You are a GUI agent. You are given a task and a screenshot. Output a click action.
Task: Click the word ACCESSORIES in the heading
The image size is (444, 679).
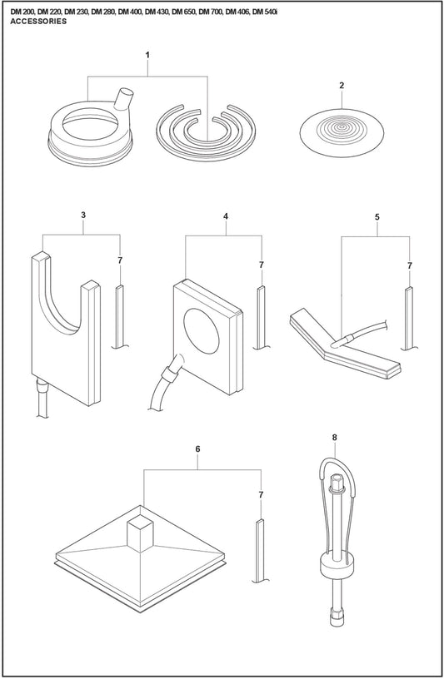[38, 22]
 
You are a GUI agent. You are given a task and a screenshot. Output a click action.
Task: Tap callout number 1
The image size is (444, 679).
[147, 55]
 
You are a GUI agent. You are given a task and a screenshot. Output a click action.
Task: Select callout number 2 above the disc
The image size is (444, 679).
[342, 86]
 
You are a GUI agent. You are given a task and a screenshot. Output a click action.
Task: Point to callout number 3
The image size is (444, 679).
[83, 215]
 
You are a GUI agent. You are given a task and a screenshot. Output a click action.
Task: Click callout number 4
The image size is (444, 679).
[226, 216]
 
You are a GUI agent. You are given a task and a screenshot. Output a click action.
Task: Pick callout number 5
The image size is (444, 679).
[377, 217]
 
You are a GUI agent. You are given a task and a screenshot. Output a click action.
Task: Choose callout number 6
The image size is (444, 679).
[197, 449]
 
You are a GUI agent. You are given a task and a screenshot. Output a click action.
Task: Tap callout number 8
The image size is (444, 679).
[334, 438]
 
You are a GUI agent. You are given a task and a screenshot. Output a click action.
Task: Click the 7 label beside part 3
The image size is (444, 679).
[120, 260]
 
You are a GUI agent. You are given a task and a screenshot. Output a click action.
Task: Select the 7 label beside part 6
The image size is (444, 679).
[261, 494]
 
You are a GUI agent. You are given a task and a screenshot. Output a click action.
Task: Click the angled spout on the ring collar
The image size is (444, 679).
[123, 99]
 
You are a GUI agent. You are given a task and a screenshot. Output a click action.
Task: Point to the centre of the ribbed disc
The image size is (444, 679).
[342, 128]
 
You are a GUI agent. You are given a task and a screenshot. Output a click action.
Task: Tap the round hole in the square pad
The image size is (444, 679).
[202, 331]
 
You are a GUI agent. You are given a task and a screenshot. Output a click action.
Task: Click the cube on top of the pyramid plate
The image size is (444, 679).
[140, 535]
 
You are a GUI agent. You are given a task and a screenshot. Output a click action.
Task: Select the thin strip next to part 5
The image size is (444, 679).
[409, 318]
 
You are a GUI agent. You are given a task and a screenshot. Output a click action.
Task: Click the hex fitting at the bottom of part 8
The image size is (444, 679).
[336, 617]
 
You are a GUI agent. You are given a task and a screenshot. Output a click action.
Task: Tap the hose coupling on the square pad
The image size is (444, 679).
[168, 372]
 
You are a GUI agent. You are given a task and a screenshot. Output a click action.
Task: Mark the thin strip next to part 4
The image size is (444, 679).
[260, 317]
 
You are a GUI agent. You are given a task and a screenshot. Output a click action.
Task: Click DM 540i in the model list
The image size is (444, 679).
[265, 12]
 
